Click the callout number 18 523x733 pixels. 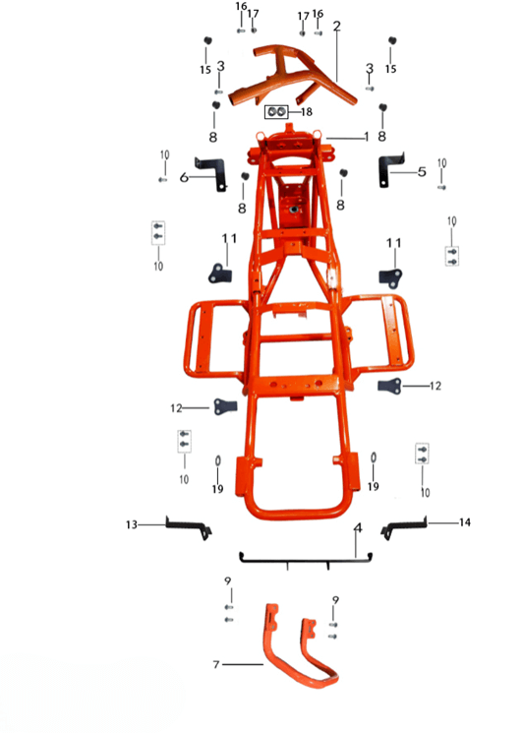307,112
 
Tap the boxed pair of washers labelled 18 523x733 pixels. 276,112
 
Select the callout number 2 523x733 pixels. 336,27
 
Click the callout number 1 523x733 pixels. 366,137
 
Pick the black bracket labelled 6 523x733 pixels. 213,172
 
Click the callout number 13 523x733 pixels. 131,524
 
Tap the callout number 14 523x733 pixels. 465,522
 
